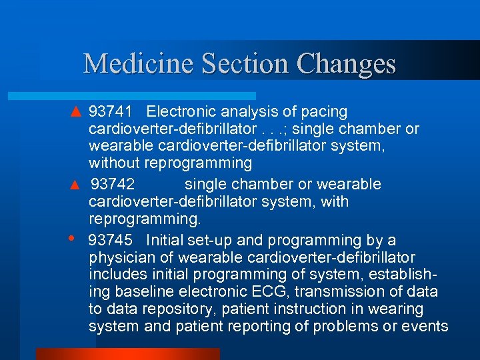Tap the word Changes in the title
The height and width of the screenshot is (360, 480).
[347, 64]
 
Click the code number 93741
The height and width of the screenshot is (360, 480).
[111, 111]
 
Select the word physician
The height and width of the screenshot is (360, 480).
[125, 257]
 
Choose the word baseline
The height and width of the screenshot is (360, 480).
[142, 292]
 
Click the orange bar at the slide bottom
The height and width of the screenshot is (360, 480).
[127, 353]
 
